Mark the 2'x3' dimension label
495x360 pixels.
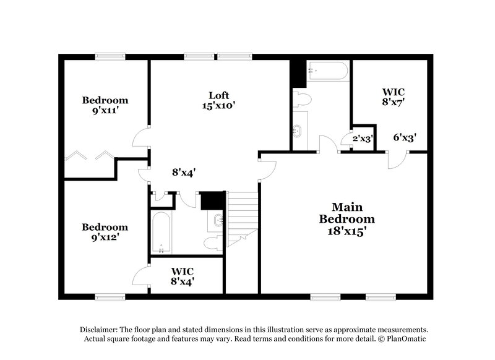click(x=362, y=139)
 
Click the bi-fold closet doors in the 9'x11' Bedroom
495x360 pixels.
click(x=90, y=155)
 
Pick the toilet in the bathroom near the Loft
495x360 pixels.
click(x=302, y=99)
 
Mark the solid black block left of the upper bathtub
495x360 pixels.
click(x=298, y=72)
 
